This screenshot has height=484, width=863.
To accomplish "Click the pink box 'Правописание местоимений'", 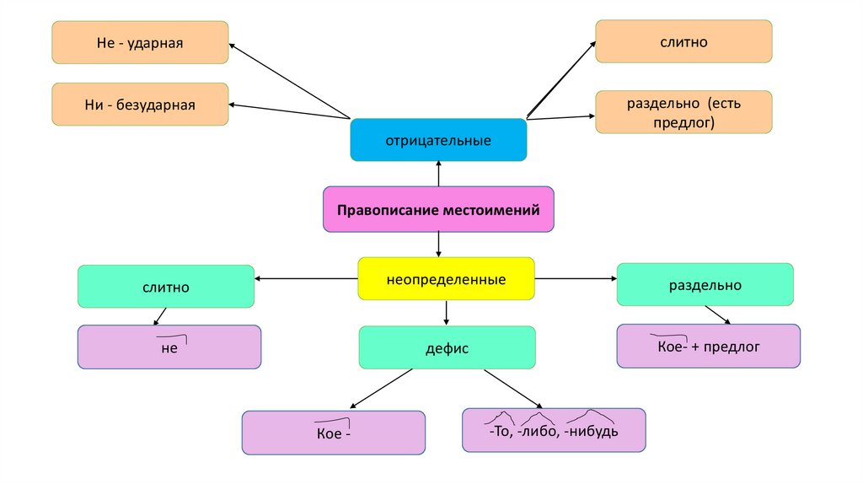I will point(438,209).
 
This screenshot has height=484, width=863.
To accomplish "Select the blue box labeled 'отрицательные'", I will point(438,139).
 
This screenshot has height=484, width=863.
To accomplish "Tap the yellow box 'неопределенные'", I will point(446,279).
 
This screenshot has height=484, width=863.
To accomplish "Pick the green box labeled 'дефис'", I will point(447,347).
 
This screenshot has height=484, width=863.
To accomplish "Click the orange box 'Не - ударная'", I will point(140,42).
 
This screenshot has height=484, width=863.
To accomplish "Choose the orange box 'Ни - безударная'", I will point(140,105).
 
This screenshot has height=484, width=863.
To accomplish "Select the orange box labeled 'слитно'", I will point(683,41).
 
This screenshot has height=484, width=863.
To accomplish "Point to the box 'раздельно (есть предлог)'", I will point(683,112).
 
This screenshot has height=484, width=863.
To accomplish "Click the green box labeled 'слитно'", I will point(165,287).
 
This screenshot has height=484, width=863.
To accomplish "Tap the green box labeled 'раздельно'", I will point(705,285).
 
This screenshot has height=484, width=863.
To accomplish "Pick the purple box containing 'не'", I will point(169,347).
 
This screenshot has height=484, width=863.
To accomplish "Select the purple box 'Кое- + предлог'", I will point(708,346).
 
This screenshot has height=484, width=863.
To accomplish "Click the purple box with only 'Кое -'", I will point(334,433).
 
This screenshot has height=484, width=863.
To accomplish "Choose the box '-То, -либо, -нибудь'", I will point(554,430).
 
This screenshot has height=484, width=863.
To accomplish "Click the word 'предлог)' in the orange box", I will point(683,123).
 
